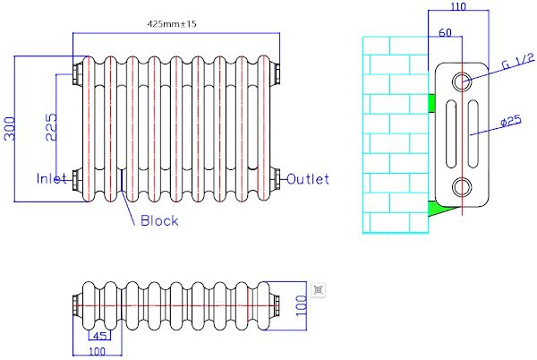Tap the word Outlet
308,178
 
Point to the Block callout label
159,220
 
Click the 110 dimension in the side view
458,8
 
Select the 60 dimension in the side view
445,33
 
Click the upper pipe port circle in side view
463,81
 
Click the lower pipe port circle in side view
463,186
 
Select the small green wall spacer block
431,103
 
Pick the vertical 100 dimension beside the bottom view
301,307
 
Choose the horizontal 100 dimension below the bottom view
98,351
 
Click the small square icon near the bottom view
319,288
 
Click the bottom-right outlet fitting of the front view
278,177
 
